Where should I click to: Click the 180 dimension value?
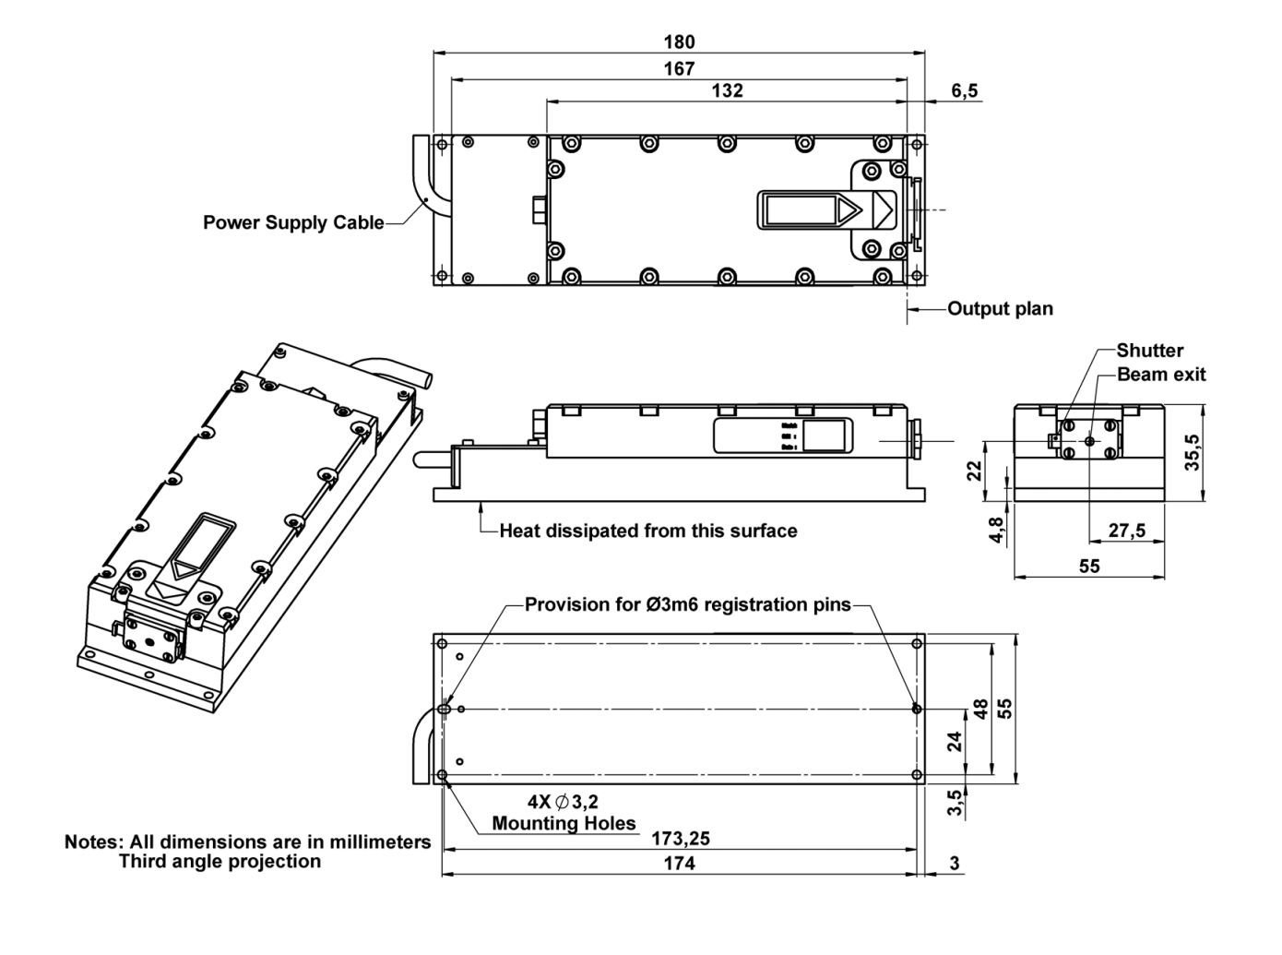pyautogui.click(x=679, y=42)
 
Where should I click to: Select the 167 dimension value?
pyautogui.click(x=679, y=68)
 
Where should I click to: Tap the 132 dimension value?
pyautogui.click(x=727, y=90)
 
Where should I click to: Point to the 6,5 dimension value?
pyautogui.click(x=964, y=90)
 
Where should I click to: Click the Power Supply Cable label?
pyautogui.click(x=293, y=222)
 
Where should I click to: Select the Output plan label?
pyautogui.click(x=1000, y=309)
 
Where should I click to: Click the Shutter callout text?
pyautogui.click(x=1149, y=351)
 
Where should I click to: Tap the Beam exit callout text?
pyautogui.click(x=1160, y=375)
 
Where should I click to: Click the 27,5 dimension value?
pyautogui.click(x=1126, y=531)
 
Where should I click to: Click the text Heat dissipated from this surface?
pyautogui.click(x=647, y=531)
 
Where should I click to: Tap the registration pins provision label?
pyautogui.click(x=687, y=605)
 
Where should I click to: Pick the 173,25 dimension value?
pyautogui.click(x=680, y=839)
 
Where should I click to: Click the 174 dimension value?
pyautogui.click(x=680, y=864)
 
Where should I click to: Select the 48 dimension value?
pyautogui.click(x=980, y=709)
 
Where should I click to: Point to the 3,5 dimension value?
pyautogui.click(x=956, y=803)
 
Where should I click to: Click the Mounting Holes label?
pyautogui.click(x=564, y=823)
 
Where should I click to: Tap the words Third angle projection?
pyautogui.click(x=220, y=862)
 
